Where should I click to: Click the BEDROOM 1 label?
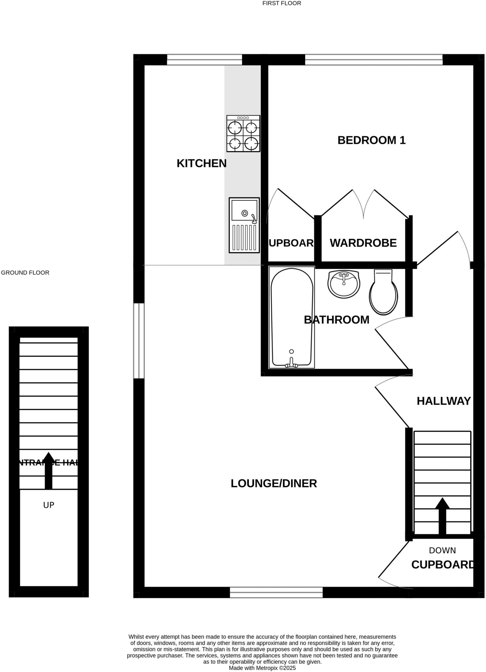371,140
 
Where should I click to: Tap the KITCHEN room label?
202,163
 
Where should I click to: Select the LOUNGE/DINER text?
274,483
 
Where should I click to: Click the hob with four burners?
243,134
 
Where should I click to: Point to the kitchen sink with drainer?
244,225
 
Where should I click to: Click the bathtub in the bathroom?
292,318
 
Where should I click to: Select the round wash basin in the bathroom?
344,284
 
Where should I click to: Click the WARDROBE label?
363,243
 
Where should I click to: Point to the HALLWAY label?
444,401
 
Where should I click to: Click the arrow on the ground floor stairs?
49,471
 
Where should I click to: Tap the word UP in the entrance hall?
49,505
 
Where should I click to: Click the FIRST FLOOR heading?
281,3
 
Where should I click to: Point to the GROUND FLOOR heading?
25,273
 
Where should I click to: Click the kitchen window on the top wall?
204,60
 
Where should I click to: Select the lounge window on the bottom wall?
276,592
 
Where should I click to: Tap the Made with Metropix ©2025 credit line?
262,668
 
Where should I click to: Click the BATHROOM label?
336,320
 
